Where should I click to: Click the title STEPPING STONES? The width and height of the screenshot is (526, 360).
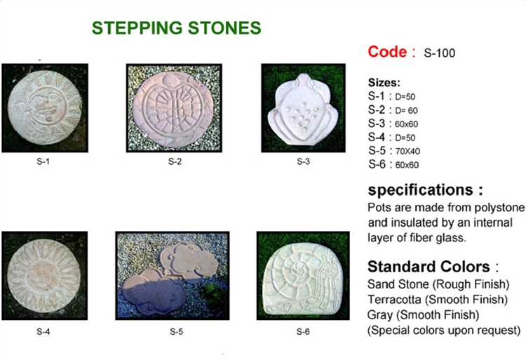(177, 28)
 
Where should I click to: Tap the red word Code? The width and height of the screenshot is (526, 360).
(387, 52)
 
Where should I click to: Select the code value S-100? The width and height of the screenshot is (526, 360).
(440, 53)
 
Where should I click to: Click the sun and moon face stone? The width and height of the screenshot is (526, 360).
(45, 108)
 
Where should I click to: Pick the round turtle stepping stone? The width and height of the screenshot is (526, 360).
(173, 108)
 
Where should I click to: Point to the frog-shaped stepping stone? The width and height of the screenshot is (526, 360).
(303, 109)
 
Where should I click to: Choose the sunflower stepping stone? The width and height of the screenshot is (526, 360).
(44, 276)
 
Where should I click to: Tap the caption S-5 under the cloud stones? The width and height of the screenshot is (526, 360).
(176, 332)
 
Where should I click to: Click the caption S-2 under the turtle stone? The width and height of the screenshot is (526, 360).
(175, 161)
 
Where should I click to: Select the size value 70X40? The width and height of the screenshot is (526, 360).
(407, 152)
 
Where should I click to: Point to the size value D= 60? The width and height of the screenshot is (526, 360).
(406, 110)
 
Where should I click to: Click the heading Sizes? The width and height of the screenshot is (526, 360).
(384, 83)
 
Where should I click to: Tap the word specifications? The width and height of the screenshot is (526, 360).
(421, 190)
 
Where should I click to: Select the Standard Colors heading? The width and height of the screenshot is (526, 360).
(429, 267)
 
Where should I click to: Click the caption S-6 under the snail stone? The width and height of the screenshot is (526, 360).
(303, 332)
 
